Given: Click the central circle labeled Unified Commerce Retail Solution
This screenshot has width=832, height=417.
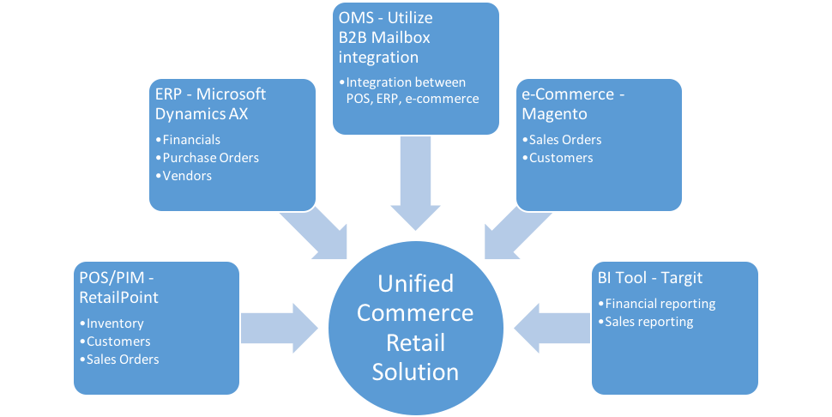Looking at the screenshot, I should (x=415, y=327).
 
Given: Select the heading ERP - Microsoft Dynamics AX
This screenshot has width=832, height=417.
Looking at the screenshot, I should (x=211, y=103).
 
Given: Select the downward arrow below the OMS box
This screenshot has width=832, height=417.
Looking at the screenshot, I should (x=415, y=184).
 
